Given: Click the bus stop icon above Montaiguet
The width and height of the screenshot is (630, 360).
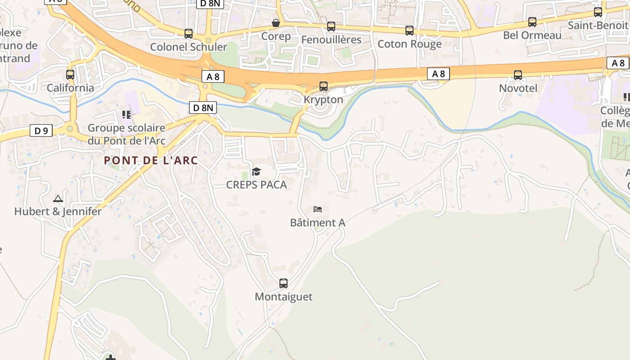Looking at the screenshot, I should pyautogui.click(x=283, y=283).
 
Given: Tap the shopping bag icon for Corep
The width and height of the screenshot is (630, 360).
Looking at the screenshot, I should pyautogui.click(x=276, y=22).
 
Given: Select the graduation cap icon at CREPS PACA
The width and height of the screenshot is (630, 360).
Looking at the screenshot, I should pyautogui.click(x=256, y=171).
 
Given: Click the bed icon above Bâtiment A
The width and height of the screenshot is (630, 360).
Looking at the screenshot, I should pyautogui.click(x=318, y=209).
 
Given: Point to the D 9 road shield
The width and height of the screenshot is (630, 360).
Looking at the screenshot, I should pyautogui.click(x=41, y=131).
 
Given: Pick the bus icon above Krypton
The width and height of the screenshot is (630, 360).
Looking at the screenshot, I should pyautogui.click(x=323, y=86).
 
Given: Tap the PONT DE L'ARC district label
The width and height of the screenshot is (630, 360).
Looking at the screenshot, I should pyautogui.click(x=151, y=160).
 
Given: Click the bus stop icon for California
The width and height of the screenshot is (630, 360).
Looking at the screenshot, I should pyautogui.click(x=70, y=75).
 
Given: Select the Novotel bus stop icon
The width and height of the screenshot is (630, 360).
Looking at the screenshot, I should pyautogui.click(x=518, y=75).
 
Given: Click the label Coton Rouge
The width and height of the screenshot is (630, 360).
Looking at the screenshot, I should pyautogui.click(x=409, y=44).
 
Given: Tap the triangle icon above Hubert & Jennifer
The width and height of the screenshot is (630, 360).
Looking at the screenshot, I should pyautogui.click(x=58, y=198).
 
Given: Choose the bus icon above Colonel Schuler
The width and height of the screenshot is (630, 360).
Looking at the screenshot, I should pyautogui.click(x=189, y=34).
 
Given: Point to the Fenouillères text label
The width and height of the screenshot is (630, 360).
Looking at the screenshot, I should pyautogui.click(x=331, y=40).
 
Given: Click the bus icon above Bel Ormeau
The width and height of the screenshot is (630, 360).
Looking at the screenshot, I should pyautogui.click(x=532, y=22).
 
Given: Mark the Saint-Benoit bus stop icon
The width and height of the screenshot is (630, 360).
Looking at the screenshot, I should pyautogui.click(x=598, y=12).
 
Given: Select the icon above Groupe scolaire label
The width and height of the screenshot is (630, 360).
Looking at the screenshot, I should pyautogui.click(x=126, y=115).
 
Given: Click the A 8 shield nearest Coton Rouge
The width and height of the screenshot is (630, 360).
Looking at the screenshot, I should pyautogui.click(x=438, y=74).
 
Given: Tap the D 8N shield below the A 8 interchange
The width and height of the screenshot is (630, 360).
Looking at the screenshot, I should pyautogui.click(x=203, y=108).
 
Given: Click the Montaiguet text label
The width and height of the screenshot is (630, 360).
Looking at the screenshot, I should pyautogui.click(x=283, y=297).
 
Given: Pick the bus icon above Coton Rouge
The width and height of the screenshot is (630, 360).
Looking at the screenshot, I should pyautogui.click(x=409, y=31).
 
